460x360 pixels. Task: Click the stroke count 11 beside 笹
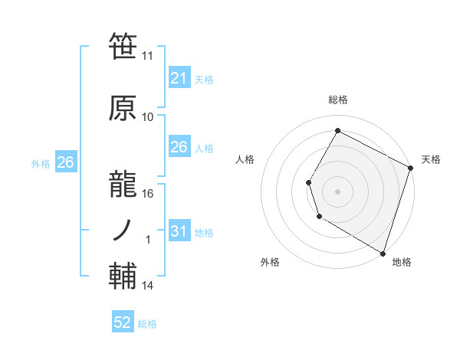(x=148, y=56)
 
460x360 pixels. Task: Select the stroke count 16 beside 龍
(x=148, y=193)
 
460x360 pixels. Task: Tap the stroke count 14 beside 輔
(x=148, y=286)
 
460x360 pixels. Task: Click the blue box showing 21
(x=179, y=77)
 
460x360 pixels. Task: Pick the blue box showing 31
(x=179, y=231)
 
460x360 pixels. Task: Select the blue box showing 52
(x=123, y=323)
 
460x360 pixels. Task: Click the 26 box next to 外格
(x=65, y=162)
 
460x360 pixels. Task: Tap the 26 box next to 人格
(x=179, y=147)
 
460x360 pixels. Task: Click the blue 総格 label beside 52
(x=147, y=324)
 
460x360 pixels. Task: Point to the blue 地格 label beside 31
(x=204, y=232)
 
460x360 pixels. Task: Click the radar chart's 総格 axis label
(x=337, y=100)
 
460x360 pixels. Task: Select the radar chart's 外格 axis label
(x=270, y=262)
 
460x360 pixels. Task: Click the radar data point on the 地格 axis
(x=382, y=253)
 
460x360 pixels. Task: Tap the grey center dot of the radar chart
(x=337, y=191)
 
